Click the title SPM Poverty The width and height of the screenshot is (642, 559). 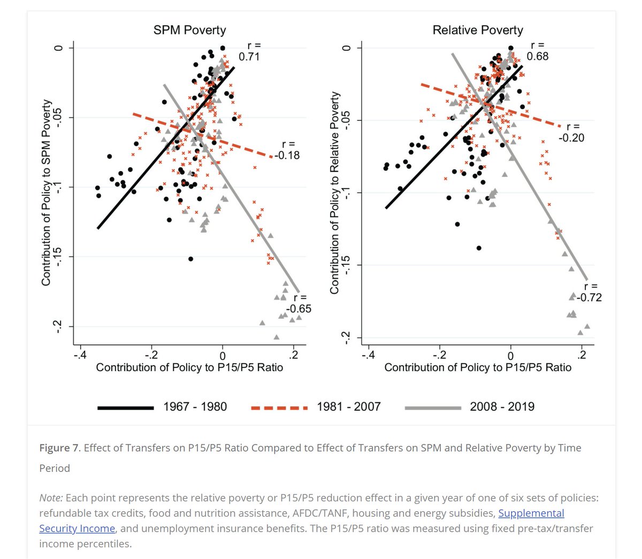coord(189,30)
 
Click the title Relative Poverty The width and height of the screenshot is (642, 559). coord(477,30)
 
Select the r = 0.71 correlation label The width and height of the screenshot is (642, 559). coord(249,51)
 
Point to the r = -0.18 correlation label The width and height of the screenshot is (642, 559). coord(288,150)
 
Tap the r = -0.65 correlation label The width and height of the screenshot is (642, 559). coord(299,303)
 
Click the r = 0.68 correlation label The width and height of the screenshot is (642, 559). coord(537,51)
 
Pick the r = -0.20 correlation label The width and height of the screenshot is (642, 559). coord(572,132)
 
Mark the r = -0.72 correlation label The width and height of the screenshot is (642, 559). coord(590,292)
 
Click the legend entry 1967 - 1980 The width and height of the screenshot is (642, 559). coord(195,407)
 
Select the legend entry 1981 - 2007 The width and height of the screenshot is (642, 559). coord(348,407)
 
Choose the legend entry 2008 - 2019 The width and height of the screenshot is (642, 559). coord(502,407)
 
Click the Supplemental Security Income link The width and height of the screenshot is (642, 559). coord(531,514)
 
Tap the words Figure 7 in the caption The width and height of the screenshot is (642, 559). coord(59,448)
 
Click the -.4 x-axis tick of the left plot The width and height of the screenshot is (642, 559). coord(80,355)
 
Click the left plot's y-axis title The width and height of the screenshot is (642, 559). coord(47,192)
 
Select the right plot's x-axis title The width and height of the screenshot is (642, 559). coord(477,367)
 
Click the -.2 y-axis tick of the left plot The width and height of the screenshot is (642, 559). coord(58,327)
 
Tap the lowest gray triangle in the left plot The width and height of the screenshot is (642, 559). coord(277,337)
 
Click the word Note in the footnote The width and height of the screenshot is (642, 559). coord(50,498)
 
